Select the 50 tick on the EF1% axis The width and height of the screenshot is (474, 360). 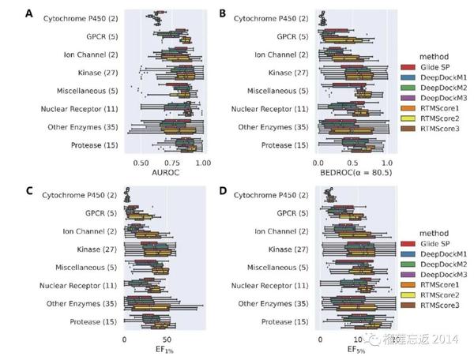(166, 338)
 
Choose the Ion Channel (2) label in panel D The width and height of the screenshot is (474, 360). (281, 231)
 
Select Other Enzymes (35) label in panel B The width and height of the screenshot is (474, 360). (273, 126)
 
